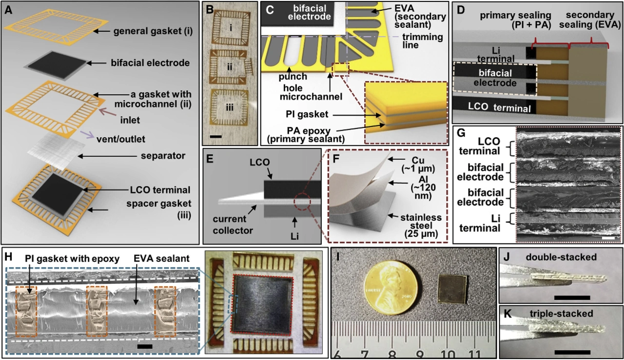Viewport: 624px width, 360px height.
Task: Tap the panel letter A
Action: [9, 10]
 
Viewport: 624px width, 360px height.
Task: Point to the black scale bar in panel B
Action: [216, 137]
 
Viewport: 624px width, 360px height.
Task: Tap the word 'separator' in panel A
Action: [163, 156]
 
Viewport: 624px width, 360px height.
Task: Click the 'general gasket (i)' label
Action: [153, 31]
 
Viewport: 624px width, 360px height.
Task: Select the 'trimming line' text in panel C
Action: [423, 40]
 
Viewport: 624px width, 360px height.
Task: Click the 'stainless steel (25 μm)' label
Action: [421, 225]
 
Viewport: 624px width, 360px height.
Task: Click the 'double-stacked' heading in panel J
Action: [561, 257]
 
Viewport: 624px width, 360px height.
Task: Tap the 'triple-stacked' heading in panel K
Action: [561, 314]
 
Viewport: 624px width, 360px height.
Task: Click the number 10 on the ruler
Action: [449, 353]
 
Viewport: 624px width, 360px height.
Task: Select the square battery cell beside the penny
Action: [453, 289]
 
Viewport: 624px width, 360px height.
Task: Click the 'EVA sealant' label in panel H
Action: [161, 259]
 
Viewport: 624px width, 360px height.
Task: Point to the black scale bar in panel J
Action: [572, 298]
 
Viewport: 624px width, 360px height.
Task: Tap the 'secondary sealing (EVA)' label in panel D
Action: [590, 20]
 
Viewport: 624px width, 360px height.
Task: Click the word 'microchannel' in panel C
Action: [311, 97]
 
